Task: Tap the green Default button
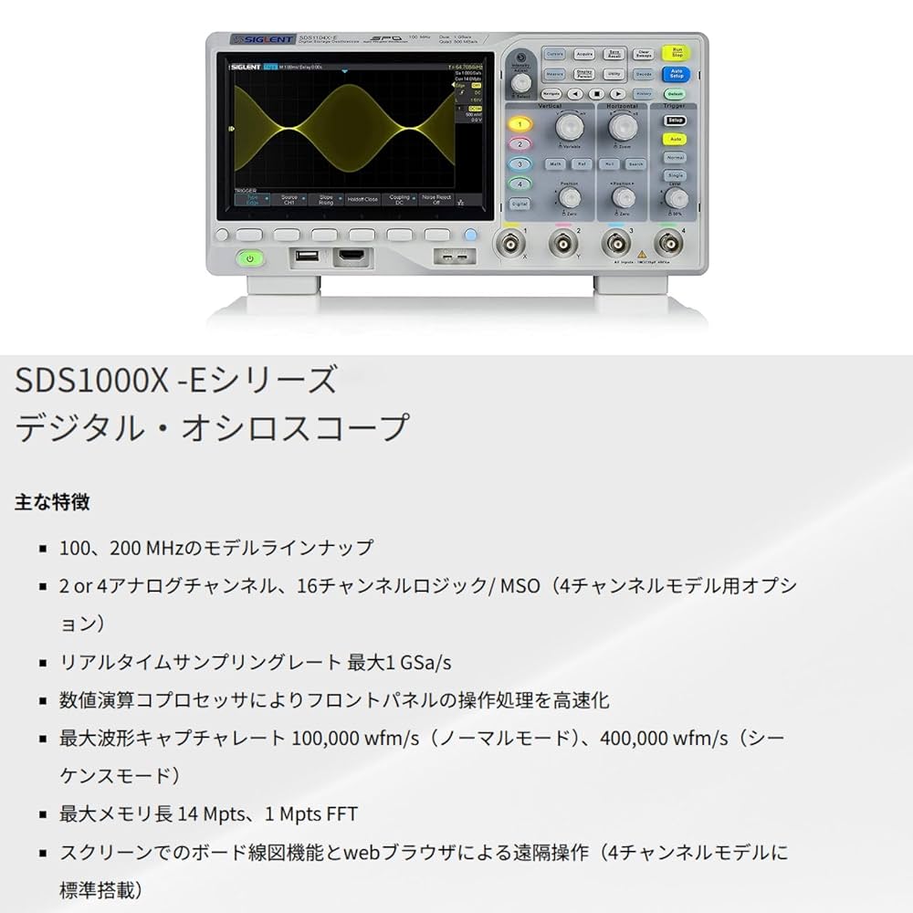tap(675, 93)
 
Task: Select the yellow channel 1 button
tap(519, 124)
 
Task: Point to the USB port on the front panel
tap(306, 257)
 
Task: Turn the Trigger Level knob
tap(675, 197)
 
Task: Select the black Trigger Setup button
tap(675, 120)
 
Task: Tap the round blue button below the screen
tap(470, 235)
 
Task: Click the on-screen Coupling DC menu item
tap(399, 199)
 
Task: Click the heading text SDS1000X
tap(91, 379)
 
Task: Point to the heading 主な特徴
tap(52, 501)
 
